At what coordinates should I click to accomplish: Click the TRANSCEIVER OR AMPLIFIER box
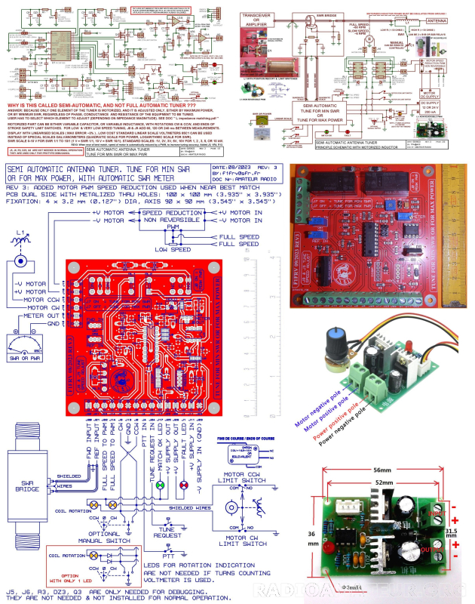tap(260, 20)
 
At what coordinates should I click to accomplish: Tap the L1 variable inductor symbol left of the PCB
tap(20, 250)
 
